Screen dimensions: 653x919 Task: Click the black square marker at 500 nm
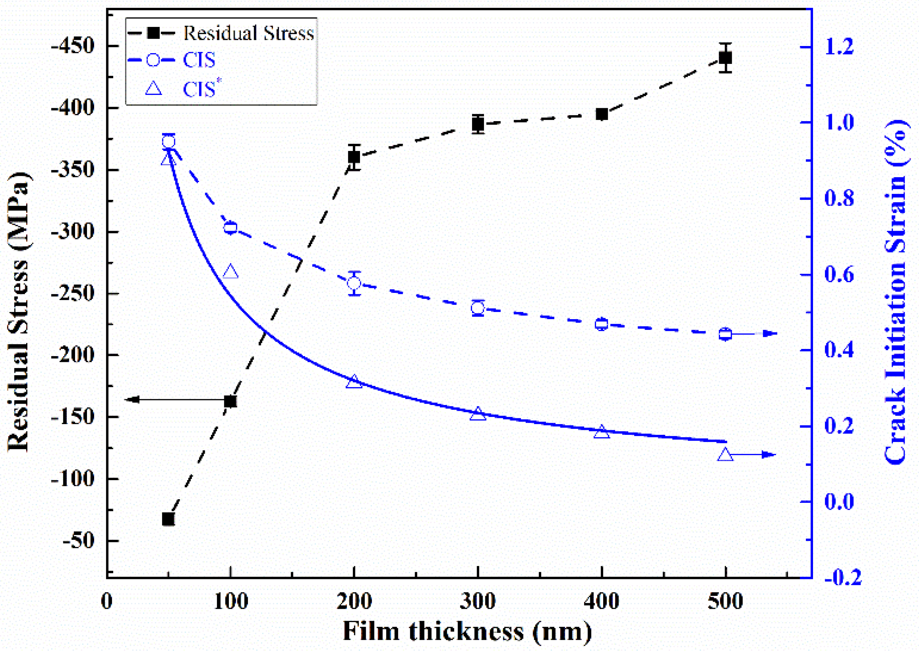[725, 58]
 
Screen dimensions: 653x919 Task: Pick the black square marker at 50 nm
[168, 519]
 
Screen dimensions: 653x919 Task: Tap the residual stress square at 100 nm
[230, 401]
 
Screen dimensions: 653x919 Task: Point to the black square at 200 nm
[354, 156]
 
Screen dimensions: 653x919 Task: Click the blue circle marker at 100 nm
[230, 228]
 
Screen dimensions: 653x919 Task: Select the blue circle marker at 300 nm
[477, 308]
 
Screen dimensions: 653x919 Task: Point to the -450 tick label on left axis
[72, 47]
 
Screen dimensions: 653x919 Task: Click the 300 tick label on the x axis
[477, 602]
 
